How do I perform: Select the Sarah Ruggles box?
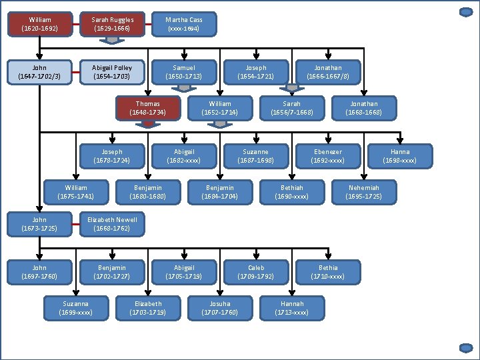pyautogui.click(x=113, y=24)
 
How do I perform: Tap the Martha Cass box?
pyautogui.click(x=184, y=24)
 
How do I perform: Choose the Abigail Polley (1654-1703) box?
pyautogui.click(x=113, y=72)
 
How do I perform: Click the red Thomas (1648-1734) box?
pyautogui.click(x=148, y=108)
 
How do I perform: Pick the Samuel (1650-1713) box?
pyautogui.click(x=184, y=72)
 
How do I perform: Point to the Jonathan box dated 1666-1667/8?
pyautogui.click(x=328, y=72)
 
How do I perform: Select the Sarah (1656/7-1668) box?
pyautogui.click(x=292, y=108)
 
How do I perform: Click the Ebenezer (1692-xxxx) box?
pyautogui.click(x=328, y=156)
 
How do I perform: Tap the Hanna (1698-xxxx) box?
pyautogui.click(x=400, y=156)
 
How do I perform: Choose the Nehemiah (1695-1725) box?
pyautogui.click(x=364, y=192)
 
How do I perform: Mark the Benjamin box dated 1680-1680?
pyautogui.click(x=148, y=192)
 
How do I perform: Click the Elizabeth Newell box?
pyautogui.click(x=113, y=224)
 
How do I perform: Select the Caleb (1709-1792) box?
pyautogui.click(x=256, y=272)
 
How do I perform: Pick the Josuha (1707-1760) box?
pyautogui.click(x=220, y=308)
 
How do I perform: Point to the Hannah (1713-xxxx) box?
pyautogui.click(x=292, y=308)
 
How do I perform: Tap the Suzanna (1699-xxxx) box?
pyautogui.click(x=76, y=308)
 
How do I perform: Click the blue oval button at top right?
pyautogui.click(x=466, y=12)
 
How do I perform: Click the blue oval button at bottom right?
pyautogui.click(x=466, y=347)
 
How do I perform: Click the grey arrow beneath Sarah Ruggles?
pyautogui.click(x=113, y=40)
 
